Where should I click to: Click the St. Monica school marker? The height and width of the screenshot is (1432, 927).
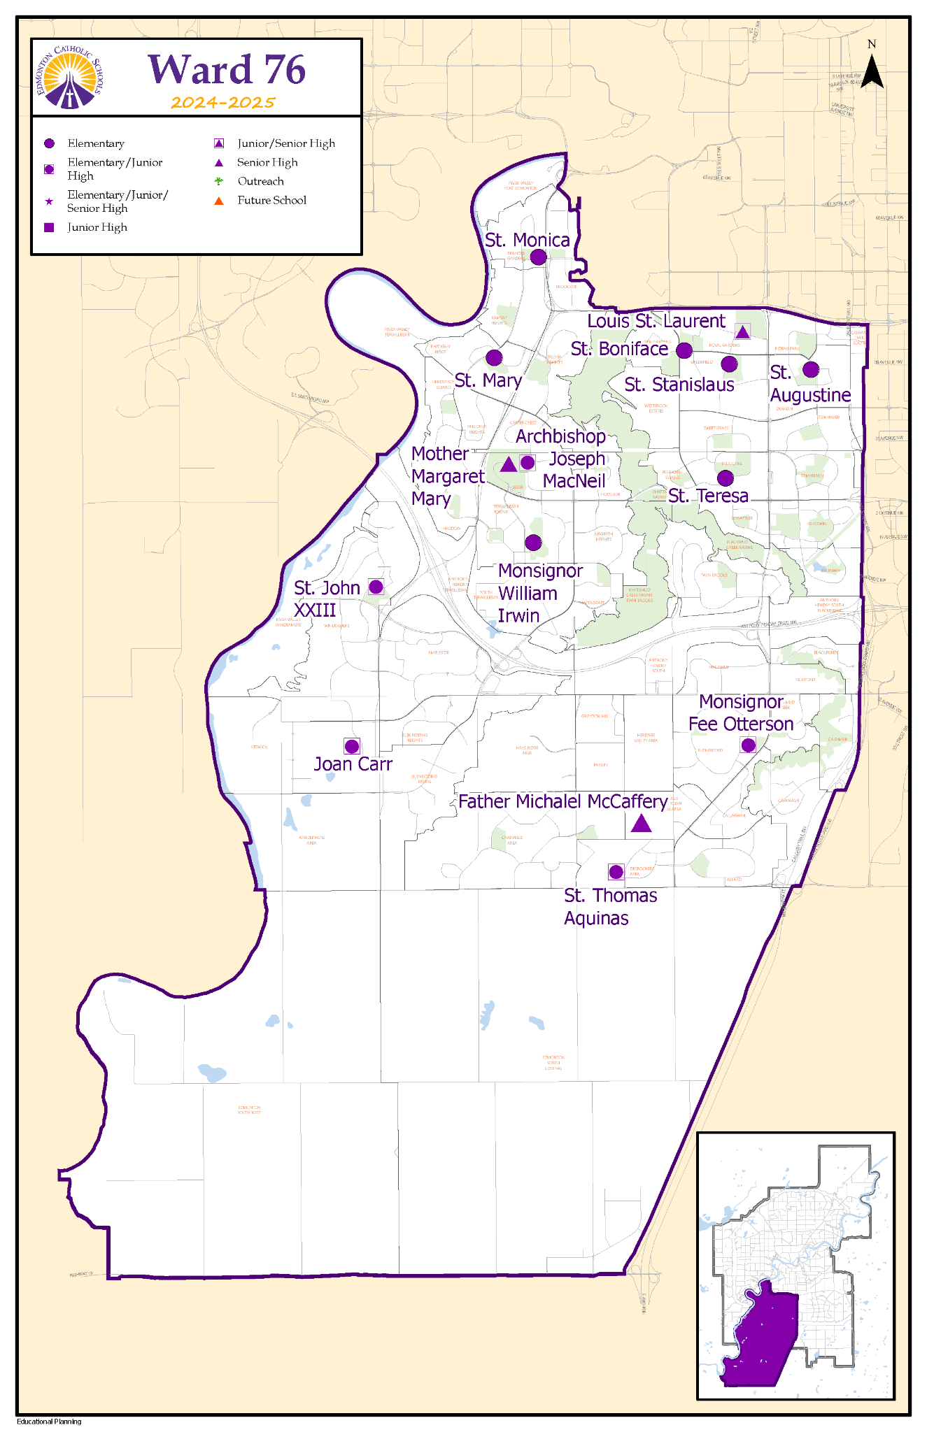coord(538,257)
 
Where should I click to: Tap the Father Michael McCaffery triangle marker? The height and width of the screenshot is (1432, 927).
coord(641,824)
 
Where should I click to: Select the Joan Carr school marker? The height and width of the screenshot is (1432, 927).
coord(352,746)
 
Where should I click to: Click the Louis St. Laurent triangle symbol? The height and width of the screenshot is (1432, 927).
coord(742,331)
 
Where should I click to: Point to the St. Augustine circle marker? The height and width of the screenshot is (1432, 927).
coord(810,369)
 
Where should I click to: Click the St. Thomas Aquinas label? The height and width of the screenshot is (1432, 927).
coord(610,906)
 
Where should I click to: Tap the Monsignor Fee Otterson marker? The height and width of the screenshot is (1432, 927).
coord(748,745)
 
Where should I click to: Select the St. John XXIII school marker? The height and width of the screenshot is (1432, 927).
coord(376,587)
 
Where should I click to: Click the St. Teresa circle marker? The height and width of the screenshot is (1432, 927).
coord(726,478)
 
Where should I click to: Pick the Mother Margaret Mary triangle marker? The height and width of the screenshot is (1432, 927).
coord(509,464)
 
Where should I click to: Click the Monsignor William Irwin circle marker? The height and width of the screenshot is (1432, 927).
coord(533,542)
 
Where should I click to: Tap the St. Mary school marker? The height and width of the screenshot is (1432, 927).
coord(494,357)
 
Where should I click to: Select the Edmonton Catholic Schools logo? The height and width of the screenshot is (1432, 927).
coord(69,77)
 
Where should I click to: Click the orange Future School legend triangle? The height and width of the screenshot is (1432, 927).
coord(219,201)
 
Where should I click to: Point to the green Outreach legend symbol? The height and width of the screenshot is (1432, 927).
coord(219,181)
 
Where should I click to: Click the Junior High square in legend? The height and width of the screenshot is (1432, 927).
coord(49,227)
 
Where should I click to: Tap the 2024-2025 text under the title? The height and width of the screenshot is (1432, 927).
coord(223,103)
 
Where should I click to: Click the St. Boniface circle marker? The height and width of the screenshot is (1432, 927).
coord(684,350)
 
